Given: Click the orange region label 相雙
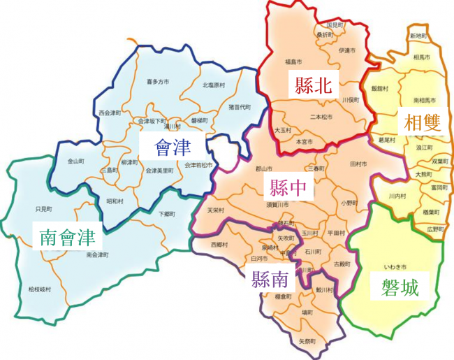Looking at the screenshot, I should pyautogui.click(x=421, y=123).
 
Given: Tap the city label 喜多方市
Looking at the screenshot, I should pyautogui.click(x=158, y=82).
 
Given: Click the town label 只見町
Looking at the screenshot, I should pyautogui.click(x=43, y=209).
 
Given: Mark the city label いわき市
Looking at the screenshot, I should pyautogui.click(x=395, y=267).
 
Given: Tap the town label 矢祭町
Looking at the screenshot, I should pyautogui.click(x=307, y=341).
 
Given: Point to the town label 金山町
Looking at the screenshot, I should pyautogui.click(x=75, y=161).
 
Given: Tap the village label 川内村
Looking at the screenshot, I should pyautogui.click(x=397, y=196).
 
